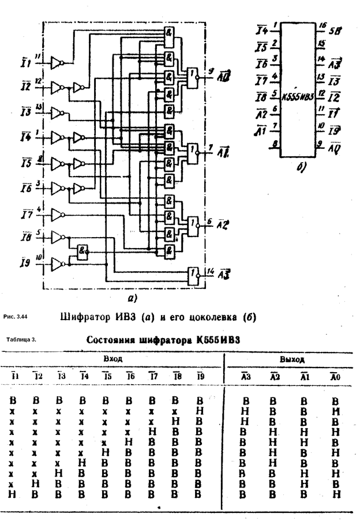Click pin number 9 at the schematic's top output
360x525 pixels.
coord(211,70)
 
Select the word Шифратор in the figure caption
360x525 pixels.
coord(85,316)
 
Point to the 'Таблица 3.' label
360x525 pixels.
coord(21,339)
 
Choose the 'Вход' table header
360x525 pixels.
coord(112,358)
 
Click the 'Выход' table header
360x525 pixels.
coord(292,359)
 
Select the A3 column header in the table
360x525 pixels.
coord(245,377)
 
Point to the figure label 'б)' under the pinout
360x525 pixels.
coord(299,168)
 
